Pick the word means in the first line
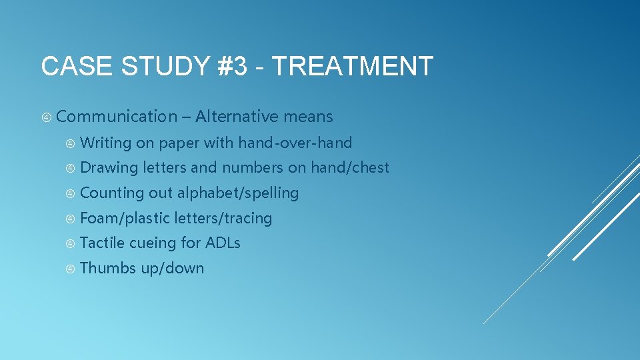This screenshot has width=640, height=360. [308, 117]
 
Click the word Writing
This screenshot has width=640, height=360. [105, 143]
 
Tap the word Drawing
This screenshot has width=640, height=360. [109, 167]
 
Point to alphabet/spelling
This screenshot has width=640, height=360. [238, 193]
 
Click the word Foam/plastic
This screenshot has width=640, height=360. [125, 218]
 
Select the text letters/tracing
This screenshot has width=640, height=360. [223, 218]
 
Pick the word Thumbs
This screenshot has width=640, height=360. [108, 268]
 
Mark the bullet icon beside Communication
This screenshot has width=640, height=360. [47, 117]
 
